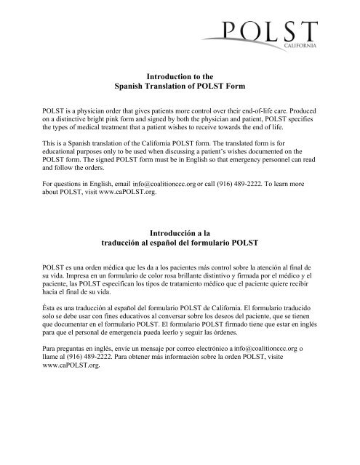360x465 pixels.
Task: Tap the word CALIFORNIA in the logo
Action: click(x=298, y=45)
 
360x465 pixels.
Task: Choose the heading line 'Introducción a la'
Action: click(x=180, y=251)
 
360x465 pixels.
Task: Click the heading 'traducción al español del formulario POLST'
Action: click(x=180, y=262)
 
